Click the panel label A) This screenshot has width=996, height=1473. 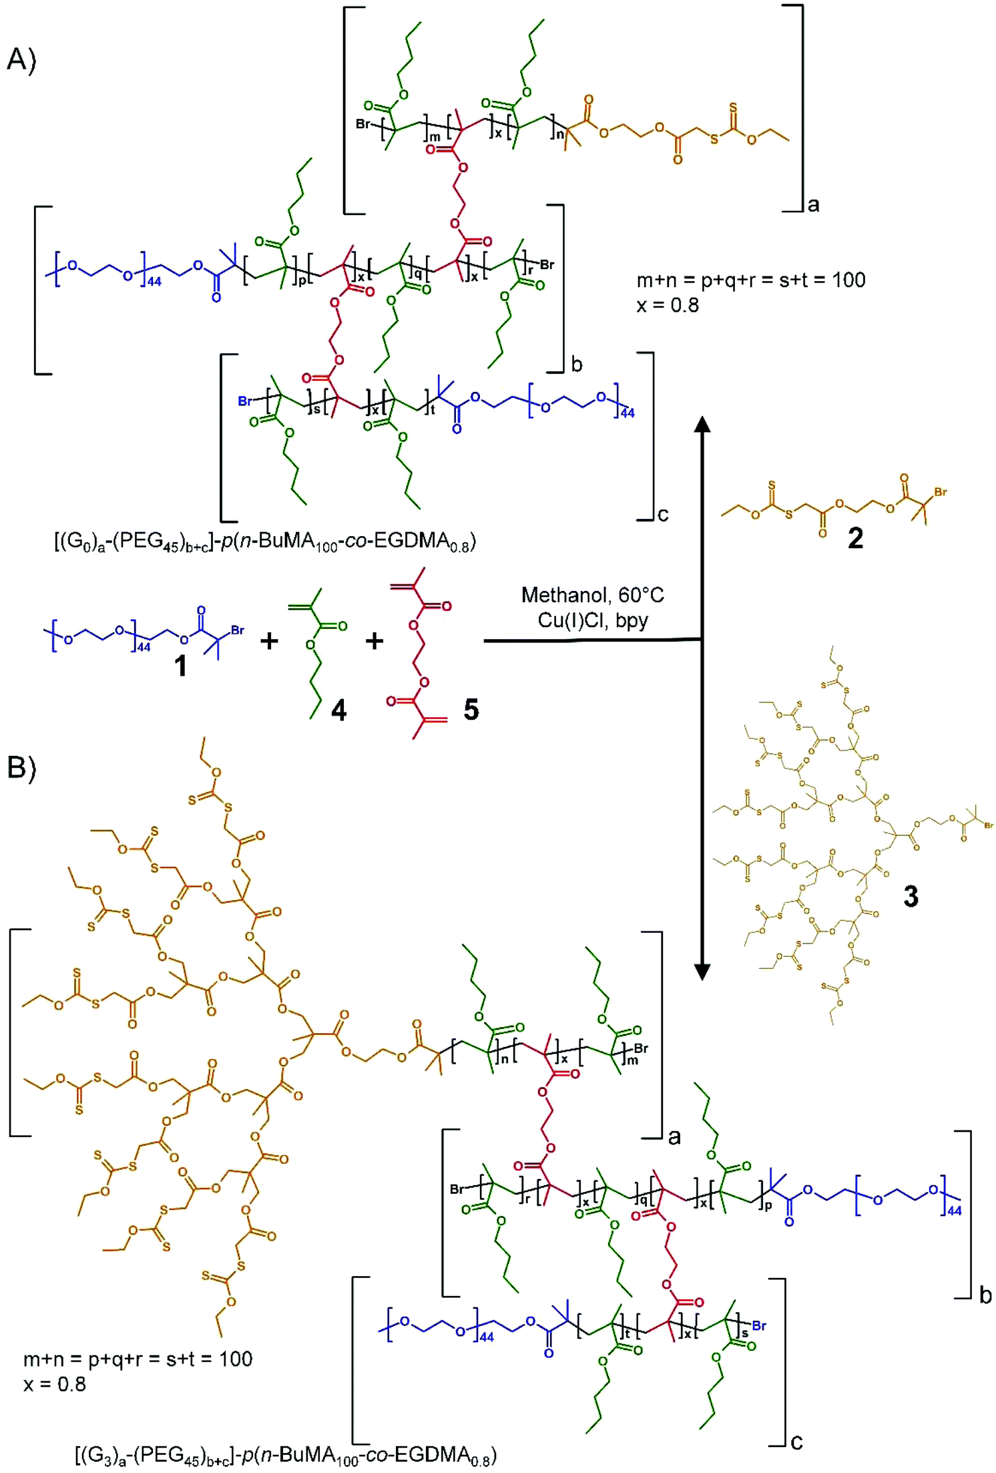tap(21, 59)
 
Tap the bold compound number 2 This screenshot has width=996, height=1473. tap(855, 538)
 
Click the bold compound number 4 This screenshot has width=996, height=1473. tap(338, 710)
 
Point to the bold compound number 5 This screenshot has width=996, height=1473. tap(471, 709)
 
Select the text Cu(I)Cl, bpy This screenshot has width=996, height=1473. tap(593, 620)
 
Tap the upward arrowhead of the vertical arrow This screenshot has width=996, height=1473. tap(702, 425)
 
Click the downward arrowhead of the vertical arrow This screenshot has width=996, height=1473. tap(702, 972)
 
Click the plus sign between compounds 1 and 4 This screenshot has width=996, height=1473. tap(269, 642)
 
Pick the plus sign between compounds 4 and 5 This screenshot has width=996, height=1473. tap(375, 642)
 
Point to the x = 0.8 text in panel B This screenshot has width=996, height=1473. tap(55, 1384)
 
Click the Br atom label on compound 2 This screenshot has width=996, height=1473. tap(940, 492)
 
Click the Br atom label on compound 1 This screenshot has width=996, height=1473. tap(238, 630)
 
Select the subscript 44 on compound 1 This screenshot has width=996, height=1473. tap(143, 647)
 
